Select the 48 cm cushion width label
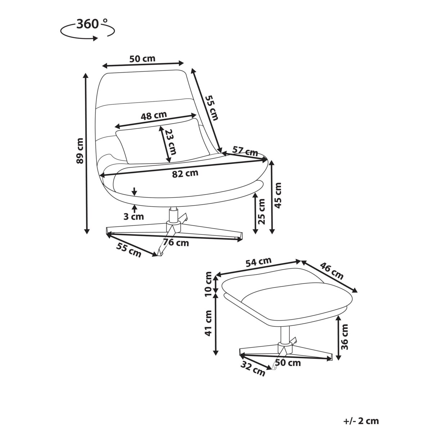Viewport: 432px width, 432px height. click(x=153, y=116)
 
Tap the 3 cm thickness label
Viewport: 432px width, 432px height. click(x=134, y=216)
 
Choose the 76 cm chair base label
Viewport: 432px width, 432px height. click(x=176, y=243)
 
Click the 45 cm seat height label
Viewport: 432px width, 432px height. click(x=278, y=195)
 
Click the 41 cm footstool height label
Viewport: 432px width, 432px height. click(x=208, y=323)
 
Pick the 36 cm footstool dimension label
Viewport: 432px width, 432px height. click(x=345, y=337)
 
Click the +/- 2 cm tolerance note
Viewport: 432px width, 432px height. click(x=361, y=421)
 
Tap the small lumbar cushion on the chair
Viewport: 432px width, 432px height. click(x=162, y=141)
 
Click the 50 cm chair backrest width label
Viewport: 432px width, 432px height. click(x=142, y=59)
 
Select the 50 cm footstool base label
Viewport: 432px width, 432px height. click(x=288, y=363)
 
